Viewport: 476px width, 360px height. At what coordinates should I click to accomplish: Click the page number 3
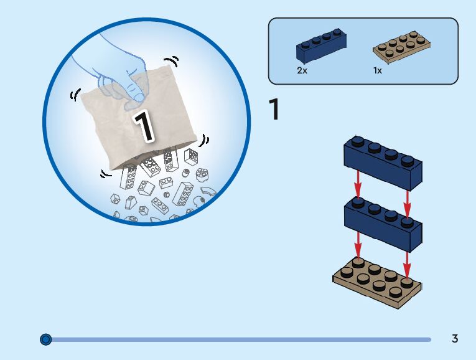click(455, 339)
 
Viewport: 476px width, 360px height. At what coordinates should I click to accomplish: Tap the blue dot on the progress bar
click(45, 339)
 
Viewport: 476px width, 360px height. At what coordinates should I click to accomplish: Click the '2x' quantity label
click(302, 70)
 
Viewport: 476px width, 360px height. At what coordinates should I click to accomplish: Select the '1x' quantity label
click(378, 70)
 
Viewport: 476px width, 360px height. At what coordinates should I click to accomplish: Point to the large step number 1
click(273, 110)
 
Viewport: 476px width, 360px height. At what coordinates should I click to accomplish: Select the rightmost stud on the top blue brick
click(407, 161)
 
